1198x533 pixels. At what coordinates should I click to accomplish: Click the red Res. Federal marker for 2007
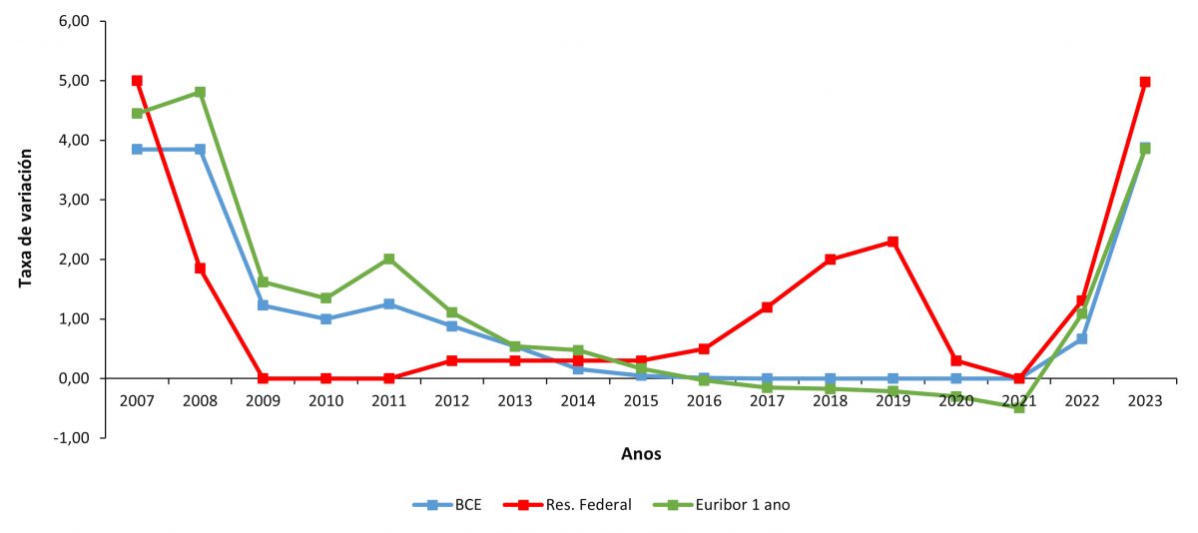tap(137, 81)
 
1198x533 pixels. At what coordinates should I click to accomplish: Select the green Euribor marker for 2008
tap(200, 92)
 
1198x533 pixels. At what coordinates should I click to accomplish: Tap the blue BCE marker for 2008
tap(200, 150)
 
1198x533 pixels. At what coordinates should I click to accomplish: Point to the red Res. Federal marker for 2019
tap(893, 242)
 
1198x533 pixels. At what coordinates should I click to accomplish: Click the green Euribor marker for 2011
tap(389, 260)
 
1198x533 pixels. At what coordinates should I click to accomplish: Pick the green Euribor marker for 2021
tap(1019, 407)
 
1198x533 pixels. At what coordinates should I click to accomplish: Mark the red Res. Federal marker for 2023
tap(1145, 82)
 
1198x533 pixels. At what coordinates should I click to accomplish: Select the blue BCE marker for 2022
tap(1082, 339)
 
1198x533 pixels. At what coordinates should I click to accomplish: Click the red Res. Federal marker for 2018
tap(830, 260)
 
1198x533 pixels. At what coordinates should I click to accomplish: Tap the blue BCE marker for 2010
tap(325, 319)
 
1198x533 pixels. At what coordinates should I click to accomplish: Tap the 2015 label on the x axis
tap(641, 401)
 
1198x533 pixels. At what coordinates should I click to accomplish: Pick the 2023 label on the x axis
tap(1145, 401)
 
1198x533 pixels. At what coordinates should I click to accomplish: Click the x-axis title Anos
tap(641, 454)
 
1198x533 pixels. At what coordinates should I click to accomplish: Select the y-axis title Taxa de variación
tap(26, 218)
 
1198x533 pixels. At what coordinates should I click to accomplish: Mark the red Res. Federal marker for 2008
tap(200, 268)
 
